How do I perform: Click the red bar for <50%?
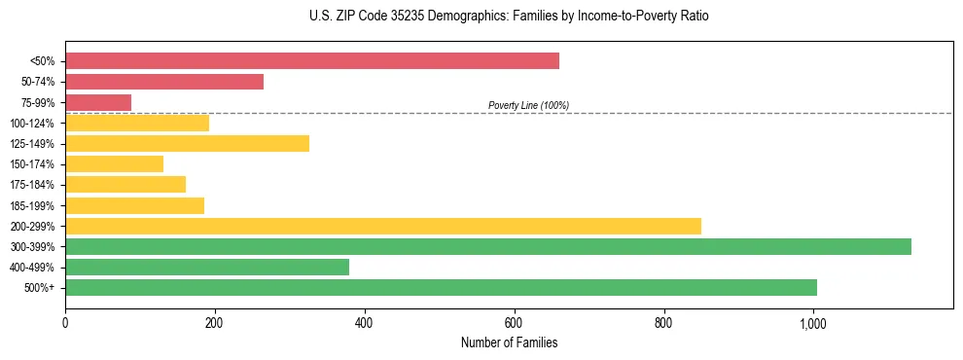(311, 61)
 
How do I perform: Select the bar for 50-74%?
(163, 82)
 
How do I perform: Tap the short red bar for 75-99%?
(97, 102)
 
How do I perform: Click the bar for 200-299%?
(382, 226)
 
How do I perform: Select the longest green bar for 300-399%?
(487, 246)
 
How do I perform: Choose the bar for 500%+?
(441, 287)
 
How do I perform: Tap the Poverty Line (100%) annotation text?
(528, 105)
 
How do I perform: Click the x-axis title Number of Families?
(509, 342)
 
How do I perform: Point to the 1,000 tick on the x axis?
(813, 323)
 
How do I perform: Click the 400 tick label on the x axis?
(364, 323)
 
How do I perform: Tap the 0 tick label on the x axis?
(65, 323)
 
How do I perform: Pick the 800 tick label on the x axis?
(663, 323)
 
